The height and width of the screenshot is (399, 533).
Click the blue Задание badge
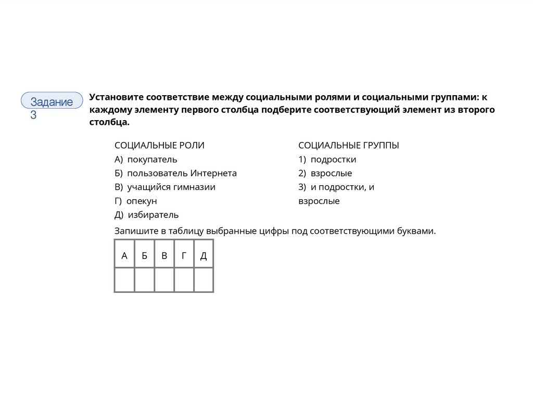pyautogui.click(x=52, y=101)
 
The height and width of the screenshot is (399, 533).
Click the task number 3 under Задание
pyautogui.click(x=33, y=115)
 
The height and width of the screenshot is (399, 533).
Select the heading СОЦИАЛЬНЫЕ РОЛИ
pyautogui.click(x=159, y=146)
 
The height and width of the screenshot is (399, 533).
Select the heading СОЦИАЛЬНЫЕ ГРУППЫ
pyautogui.click(x=348, y=146)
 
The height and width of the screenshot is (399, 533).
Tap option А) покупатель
pyautogui.click(x=146, y=160)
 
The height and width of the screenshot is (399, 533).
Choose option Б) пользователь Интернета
pyautogui.click(x=175, y=173)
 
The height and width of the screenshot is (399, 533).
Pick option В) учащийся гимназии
pyautogui.click(x=164, y=187)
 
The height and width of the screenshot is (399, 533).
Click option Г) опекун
pyautogui.click(x=135, y=201)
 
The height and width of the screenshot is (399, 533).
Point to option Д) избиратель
pyautogui.click(x=146, y=215)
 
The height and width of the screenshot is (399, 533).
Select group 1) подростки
pyautogui.click(x=327, y=160)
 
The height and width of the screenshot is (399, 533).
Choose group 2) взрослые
pyautogui.click(x=325, y=173)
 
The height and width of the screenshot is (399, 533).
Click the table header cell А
pyautogui.click(x=124, y=255)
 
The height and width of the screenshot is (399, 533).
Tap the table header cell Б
pyautogui.click(x=144, y=255)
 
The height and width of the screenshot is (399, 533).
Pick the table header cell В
pyautogui.click(x=164, y=255)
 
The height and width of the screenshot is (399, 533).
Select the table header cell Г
pyautogui.click(x=184, y=255)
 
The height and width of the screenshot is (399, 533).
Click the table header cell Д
pyautogui.click(x=204, y=255)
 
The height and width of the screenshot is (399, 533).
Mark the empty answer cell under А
pyautogui.click(x=124, y=280)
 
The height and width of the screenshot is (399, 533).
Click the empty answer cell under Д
pyautogui.click(x=204, y=280)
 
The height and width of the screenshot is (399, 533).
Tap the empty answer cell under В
pyautogui.click(x=164, y=280)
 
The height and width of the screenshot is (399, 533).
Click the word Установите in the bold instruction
pyautogui.click(x=116, y=97)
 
